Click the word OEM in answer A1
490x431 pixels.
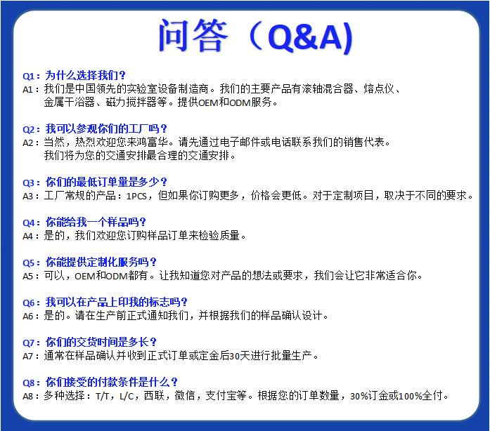coord(207,102)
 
